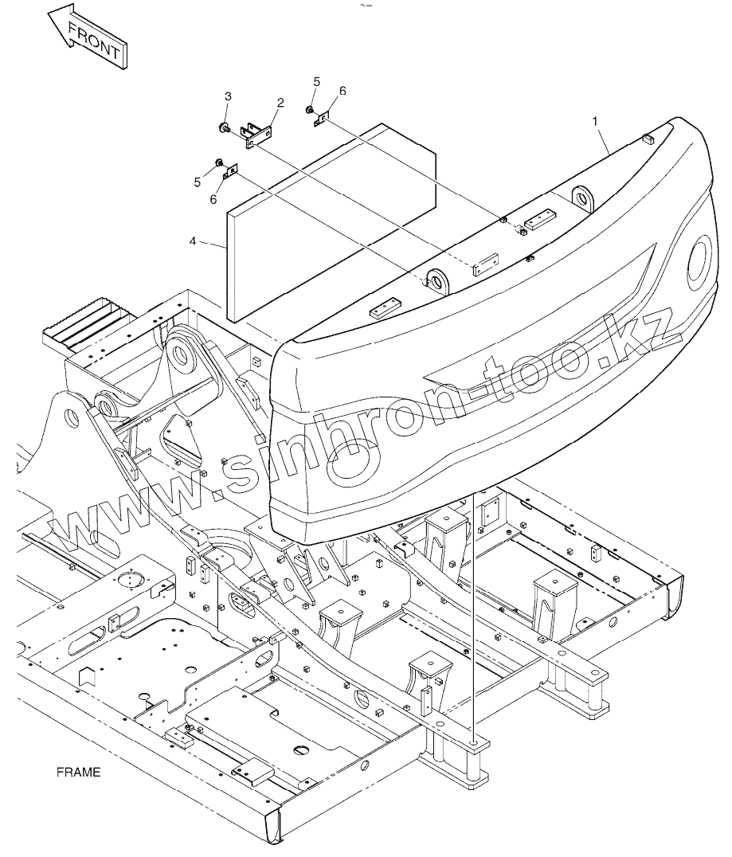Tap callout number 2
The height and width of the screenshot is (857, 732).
tap(280, 103)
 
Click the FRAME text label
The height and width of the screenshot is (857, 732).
tap(78, 772)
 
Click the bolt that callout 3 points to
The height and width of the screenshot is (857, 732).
tap(226, 127)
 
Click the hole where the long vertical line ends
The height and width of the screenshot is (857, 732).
tap(476, 742)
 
